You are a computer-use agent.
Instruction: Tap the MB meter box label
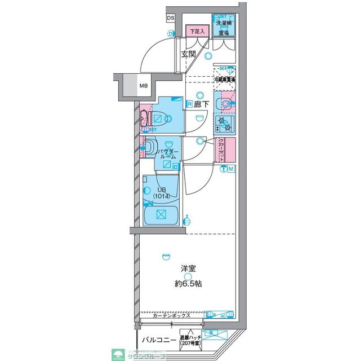[x=145, y=86]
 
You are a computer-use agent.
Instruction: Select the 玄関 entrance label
[x=188, y=55]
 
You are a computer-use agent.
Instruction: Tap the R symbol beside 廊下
[x=190, y=104]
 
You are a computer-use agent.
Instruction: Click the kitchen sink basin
[x=225, y=104]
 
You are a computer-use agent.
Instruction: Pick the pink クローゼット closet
[x=223, y=149]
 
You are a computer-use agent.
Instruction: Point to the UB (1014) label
[x=161, y=192]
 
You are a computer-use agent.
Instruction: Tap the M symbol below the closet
[x=232, y=170]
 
